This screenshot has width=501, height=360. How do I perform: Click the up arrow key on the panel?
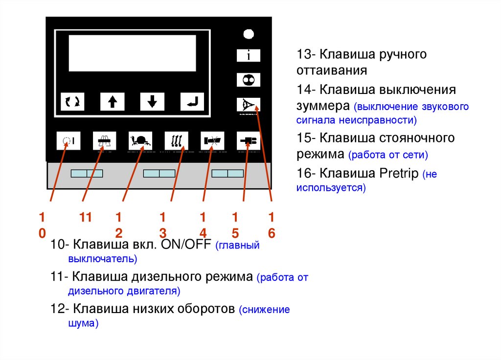point(113,101)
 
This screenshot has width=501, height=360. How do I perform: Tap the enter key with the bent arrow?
point(192,101)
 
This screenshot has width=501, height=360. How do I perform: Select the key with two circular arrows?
point(72,101)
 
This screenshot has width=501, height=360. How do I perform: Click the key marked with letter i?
point(249,55)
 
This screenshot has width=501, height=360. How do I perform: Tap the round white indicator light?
point(249,34)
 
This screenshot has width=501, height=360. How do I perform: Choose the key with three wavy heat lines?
point(176,141)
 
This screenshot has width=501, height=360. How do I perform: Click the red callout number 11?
point(86,218)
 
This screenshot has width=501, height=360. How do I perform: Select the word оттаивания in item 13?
point(332,70)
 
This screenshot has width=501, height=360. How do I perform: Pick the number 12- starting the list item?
point(60,309)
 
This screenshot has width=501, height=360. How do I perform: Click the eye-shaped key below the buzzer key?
point(249,104)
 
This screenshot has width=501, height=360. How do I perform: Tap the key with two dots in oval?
point(249,80)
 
